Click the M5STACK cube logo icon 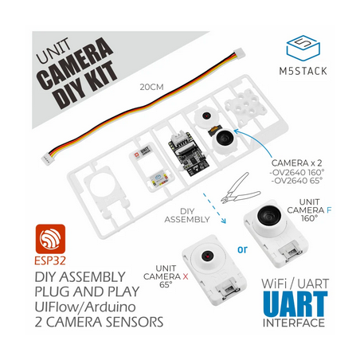click(x=303, y=48)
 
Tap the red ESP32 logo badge click(x=50, y=239)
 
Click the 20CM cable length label click(x=151, y=87)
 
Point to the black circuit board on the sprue click(x=189, y=153)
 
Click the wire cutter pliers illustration click(x=239, y=188)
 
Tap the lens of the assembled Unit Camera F click(x=268, y=214)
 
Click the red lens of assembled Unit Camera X click(x=206, y=256)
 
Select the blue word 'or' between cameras click(x=242, y=249)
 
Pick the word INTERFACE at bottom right click(x=294, y=323)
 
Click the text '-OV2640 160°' click(x=297, y=172)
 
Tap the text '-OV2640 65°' click(x=295, y=181)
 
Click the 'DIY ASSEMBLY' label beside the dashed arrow click(x=187, y=215)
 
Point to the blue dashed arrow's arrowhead click(x=224, y=221)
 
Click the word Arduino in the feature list click(x=111, y=307)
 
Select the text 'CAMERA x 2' click(x=296, y=162)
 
